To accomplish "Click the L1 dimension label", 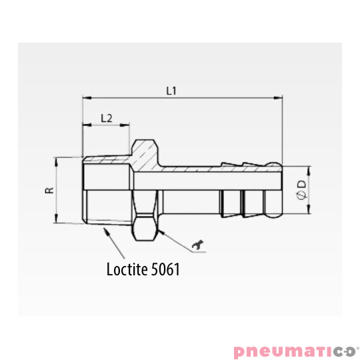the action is pos(171,91).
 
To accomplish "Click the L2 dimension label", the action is pos(107,118).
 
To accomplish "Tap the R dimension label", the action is pos(49,190).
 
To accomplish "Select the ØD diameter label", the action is pos(301,190).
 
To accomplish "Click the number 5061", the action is pos(165,269).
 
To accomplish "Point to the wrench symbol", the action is pos(198,244).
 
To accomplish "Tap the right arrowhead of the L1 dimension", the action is pos(278,98).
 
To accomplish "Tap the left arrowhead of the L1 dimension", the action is pos(87,98).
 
